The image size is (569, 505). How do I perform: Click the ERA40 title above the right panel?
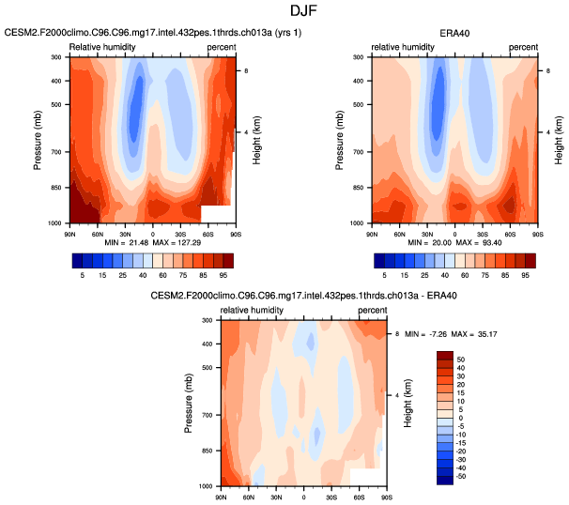(x=454, y=33)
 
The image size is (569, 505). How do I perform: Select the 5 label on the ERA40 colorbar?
(x=379, y=276)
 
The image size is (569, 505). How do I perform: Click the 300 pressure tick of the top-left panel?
(x=56, y=57)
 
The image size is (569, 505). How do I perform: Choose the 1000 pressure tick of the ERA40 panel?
(x=357, y=223)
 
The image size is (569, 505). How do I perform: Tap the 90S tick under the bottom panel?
(x=385, y=494)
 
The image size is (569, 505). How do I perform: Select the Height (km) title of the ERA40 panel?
(x=558, y=141)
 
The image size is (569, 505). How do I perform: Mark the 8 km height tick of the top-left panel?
(x=246, y=70)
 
